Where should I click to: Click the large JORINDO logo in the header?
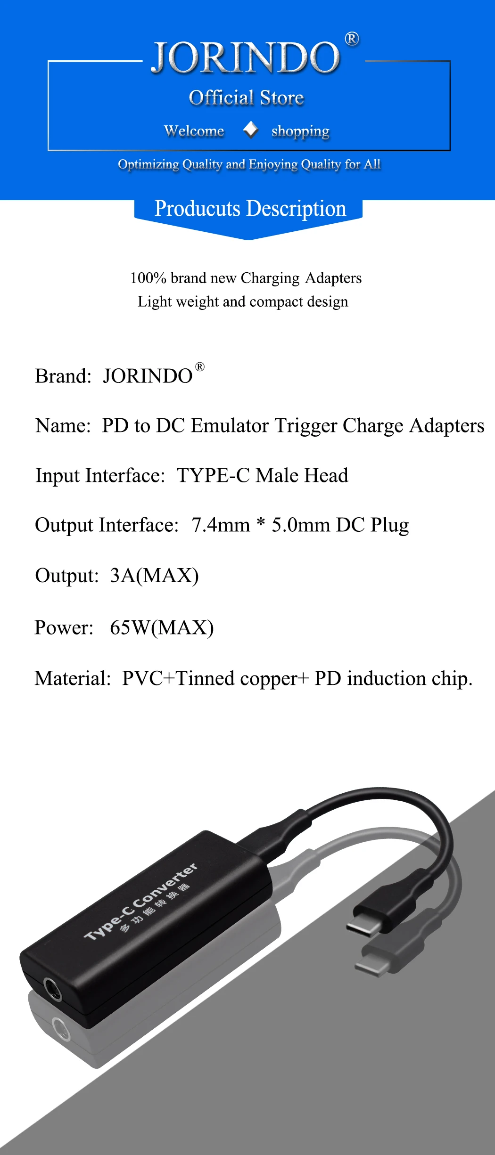tap(245, 57)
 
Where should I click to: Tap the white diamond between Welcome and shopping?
tap(250, 130)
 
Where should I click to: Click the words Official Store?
tap(246, 98)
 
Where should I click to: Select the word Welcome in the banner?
tap(194, 130)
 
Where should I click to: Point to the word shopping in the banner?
tap(300, 131)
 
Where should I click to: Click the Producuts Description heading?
tap(250, 209)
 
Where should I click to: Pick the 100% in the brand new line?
tap(148, 278)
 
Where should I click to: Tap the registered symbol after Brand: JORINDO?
tap(200, 366)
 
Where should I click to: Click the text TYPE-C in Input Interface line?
tap(213, 475)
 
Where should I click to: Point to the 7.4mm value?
tap(221, 525)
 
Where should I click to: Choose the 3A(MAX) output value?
tap(154, 576)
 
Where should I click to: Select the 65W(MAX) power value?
tap(162, 627)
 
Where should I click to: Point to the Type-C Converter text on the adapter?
tap(140, 902)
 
